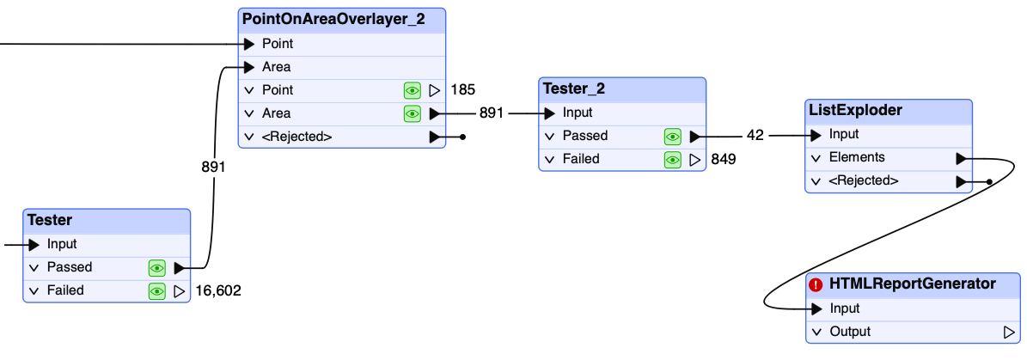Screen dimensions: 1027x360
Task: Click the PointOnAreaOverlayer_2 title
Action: (333, 20)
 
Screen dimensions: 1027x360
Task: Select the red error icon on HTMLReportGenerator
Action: (816, 284)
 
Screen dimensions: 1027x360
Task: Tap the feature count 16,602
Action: (218, 290)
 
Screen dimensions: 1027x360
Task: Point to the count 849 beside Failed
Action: (724, 159)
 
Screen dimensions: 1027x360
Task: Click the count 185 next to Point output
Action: (462, 89)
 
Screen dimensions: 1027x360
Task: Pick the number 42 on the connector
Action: (755, 136)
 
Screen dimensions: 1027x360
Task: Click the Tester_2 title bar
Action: (622, 89)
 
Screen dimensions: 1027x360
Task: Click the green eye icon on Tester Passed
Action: (156, 268)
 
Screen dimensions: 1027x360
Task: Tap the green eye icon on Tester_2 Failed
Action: (673, 159)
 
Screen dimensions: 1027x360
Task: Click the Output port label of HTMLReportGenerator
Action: (850, 332)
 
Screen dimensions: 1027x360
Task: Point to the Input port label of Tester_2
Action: (577, 113)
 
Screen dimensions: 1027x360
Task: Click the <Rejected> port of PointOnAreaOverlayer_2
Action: (296, 137)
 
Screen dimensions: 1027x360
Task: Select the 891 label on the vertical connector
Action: (213, 168)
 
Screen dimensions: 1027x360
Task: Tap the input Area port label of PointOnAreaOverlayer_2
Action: (276, 67)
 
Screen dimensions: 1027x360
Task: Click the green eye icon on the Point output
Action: (412, 90)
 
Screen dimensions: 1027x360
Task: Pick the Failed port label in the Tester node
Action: (65, 290)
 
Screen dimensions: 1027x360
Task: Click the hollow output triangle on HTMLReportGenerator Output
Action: (1009, 332)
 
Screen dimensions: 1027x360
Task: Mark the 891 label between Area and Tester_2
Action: (492, 113)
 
